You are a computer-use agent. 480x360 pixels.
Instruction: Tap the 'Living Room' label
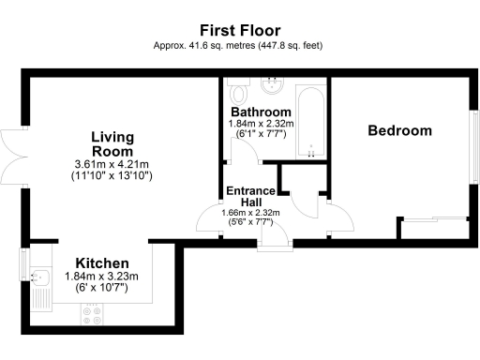112,143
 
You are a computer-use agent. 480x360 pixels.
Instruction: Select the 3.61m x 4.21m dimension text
112,163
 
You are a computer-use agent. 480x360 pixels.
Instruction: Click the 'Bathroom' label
261,112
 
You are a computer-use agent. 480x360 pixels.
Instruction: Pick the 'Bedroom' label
399,130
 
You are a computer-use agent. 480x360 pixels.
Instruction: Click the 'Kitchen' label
102,263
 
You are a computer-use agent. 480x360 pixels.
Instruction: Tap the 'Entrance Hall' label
251,197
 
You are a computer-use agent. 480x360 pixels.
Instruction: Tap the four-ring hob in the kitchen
93,319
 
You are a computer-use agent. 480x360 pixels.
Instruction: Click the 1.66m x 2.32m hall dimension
251,213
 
